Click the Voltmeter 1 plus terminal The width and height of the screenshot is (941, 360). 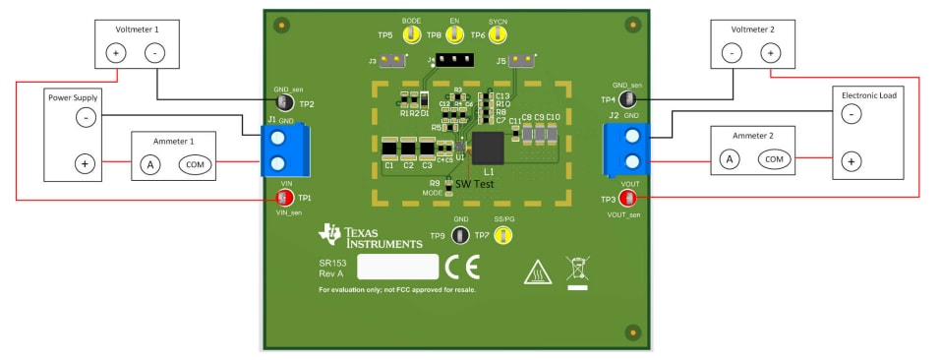point(117,53)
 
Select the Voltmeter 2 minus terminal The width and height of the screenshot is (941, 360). point(733,53)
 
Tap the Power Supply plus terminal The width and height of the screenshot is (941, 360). point(86,163)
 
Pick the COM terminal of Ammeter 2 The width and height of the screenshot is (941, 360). point(773,158)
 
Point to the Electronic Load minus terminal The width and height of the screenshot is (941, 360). point(852,114)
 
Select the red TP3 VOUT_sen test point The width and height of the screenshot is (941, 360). point(626,199)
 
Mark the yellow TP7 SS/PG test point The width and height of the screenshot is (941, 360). point(502,235)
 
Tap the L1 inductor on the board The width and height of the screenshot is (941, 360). point(488,149)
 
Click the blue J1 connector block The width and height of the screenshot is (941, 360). point(278,149)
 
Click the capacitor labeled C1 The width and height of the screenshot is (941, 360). point(389,149)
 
